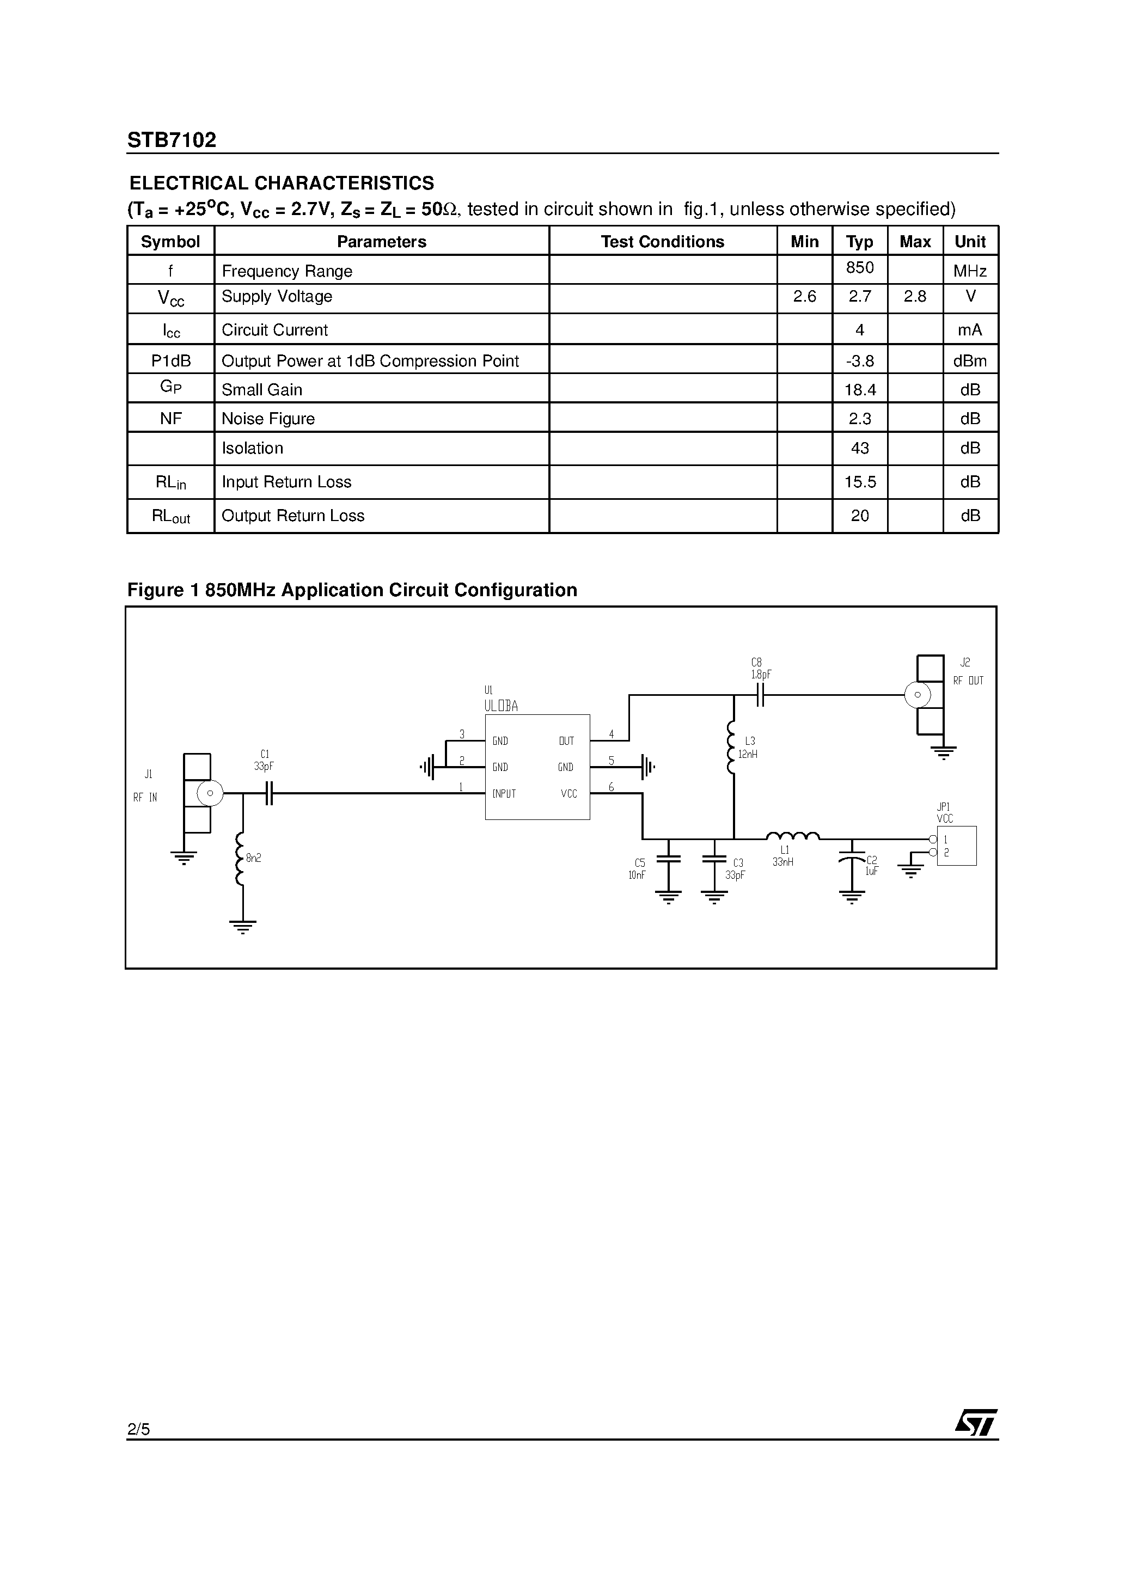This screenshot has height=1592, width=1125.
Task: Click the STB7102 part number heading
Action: point(172,140)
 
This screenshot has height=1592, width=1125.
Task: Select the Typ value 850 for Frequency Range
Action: point(859,268)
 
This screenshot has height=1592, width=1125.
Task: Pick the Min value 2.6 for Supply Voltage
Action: point(805,297)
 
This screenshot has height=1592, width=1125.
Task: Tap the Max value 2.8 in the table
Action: point(915,297)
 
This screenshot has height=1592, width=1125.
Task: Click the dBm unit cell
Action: point(970,360)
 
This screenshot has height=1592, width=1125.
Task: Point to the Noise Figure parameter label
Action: point(268,419)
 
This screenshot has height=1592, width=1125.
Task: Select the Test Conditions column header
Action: point(662,241)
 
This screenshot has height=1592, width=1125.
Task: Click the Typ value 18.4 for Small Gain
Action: point(860,390)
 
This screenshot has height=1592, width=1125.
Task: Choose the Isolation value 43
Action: point(859,448)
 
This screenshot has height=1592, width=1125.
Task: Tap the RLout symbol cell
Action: point(170,517)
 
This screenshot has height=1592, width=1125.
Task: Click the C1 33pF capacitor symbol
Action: point(269,793)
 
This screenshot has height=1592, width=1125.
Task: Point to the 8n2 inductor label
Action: point(253,858)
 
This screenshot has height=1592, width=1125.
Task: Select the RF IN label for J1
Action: point(145,798)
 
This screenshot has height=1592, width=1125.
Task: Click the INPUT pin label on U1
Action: point(504,793)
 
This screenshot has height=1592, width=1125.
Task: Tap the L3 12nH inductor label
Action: point(748,748)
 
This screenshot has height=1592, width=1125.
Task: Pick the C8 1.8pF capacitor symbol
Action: point(760,694)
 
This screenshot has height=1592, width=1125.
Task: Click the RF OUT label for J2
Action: point(968,681)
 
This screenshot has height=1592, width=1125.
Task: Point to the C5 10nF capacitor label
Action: point(638,869)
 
